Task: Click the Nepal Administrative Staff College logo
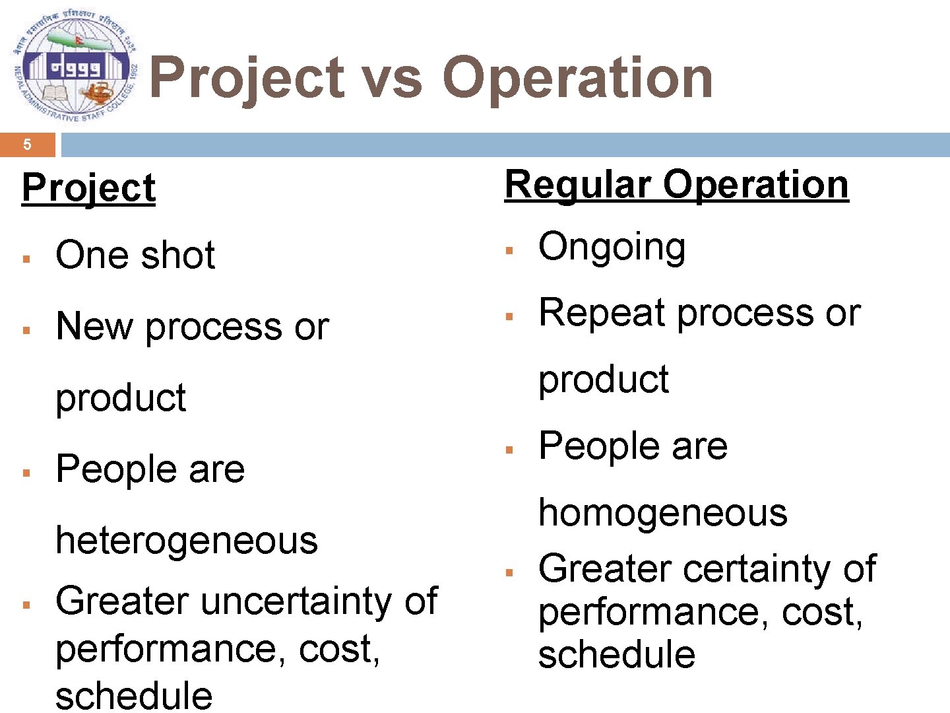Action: (x=74, y=67)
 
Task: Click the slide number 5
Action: (x=27, y=145)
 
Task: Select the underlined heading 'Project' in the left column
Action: (x=88, y=189)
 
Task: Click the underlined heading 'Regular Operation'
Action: (x=676, y=185)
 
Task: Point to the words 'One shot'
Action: (x=135, y=255)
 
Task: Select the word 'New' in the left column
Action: (x=94, y=326)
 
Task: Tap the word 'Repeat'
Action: (x=601, y=313)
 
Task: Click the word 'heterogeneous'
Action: (x=187, y=540)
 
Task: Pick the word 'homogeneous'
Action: (x=662, y=513)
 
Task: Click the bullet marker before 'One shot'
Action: (x=27, y=258)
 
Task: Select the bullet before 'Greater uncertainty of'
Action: (x=27, y=604)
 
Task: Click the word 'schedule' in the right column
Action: (x=616, y=654)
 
